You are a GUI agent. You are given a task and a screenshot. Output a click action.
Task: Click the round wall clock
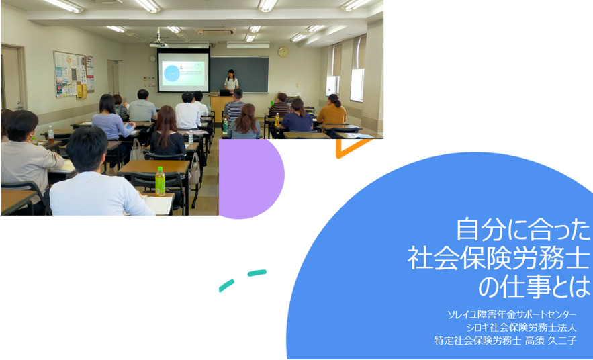283,52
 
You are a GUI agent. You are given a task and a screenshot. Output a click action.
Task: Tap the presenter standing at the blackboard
231,81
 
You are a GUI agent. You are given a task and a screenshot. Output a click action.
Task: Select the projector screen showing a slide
183,71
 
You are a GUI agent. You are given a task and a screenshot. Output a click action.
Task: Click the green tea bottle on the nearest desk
161,181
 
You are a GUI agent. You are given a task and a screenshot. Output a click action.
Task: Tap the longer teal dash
257,273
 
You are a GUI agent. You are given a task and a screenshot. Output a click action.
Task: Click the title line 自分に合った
523,230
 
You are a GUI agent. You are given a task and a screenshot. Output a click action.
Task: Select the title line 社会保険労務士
499,259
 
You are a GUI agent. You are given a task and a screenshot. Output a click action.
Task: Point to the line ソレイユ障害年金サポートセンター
512,314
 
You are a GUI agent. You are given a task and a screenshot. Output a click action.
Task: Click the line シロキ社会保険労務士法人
521,328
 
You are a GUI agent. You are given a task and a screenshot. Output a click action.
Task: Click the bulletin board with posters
74,75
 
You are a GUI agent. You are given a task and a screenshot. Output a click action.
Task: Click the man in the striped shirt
235,106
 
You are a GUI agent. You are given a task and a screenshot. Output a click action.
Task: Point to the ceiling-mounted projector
159,44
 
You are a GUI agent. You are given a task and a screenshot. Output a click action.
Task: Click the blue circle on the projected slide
171,74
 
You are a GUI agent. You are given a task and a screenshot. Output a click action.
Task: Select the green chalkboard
239,75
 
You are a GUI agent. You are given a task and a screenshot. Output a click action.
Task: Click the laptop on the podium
226,93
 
